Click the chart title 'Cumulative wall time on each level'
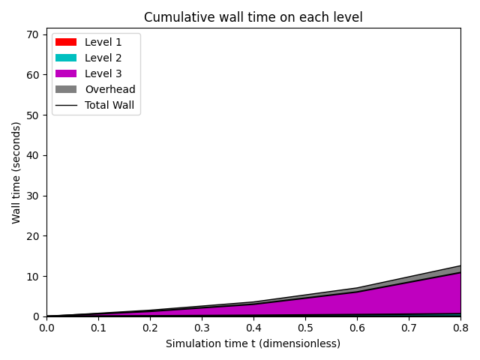(x=253, y=17)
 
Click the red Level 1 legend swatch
(x=65, y=42)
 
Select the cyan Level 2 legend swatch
(x=65, y=58)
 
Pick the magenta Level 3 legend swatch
(x=65, y=73)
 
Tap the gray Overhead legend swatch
(x=65, y=89)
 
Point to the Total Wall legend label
(x=109, y=105)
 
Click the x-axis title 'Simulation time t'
(x=253, y=343)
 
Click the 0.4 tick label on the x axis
(x=253, y=328)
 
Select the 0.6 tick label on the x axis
(x=357, y=328)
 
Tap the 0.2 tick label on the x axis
(x=150, y=328)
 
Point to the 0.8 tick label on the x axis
(x=460, y=328)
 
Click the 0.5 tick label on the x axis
(x=305, y=328)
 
